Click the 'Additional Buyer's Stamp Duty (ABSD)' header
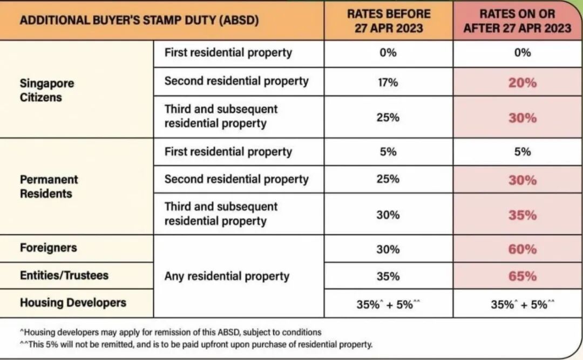point(139,21)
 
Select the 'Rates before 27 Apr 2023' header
point(388,21)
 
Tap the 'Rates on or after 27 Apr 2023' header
point(517,21)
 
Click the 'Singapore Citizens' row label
point(47,91)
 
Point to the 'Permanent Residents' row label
point(49,186)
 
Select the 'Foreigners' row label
point(49,248)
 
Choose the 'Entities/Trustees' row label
point(64,275)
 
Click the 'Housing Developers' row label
point(73,302)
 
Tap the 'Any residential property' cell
point(227,276)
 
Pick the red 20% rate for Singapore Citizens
point(522,83)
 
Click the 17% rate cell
point(388,83)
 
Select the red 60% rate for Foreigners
point(522,249)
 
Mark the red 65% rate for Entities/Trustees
point(522,276)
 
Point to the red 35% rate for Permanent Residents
point(522,215)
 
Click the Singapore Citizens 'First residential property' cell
point(228,52)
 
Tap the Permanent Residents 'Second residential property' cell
point(236,179)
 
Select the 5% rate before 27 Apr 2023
point(388,152)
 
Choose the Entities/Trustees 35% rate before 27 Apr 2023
point(388,276)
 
